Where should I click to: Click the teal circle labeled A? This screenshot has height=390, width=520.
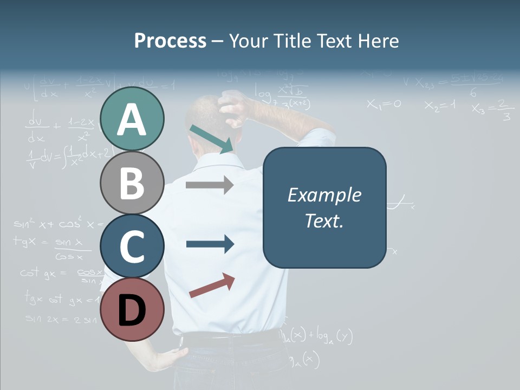click(132, 119)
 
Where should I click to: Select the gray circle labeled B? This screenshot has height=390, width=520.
click(132, 183)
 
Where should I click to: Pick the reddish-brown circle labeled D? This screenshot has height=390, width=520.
click(132, 309)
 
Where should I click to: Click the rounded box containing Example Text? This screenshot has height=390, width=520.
click(324, 207)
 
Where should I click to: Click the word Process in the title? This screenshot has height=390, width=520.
click(170, 41)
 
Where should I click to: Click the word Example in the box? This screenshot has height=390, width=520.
click(324, 195)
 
